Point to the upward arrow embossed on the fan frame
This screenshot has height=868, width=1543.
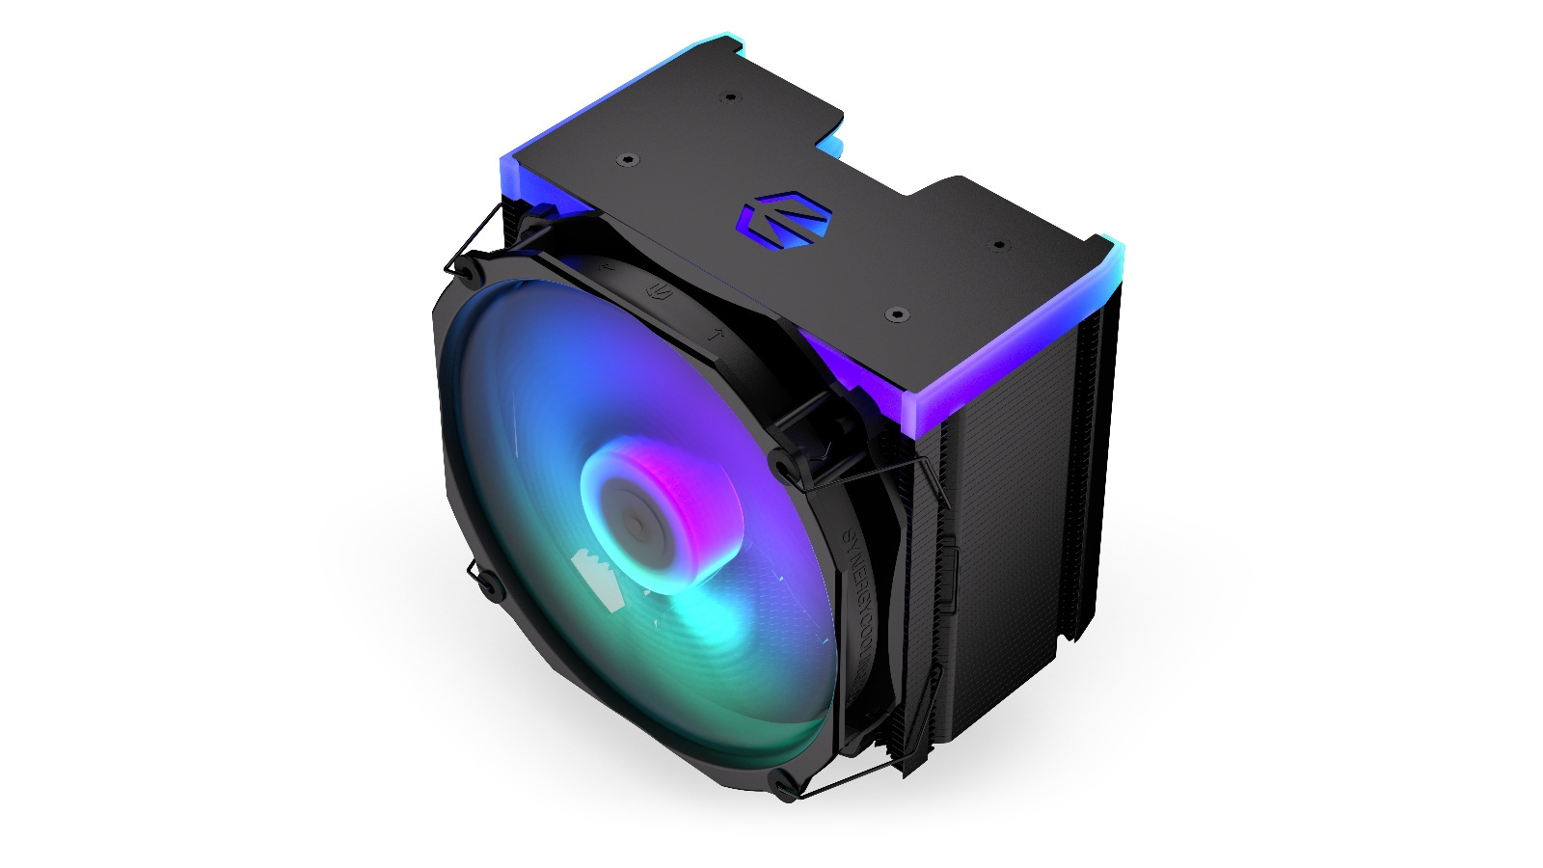pyautogui.click(x=715, y=336)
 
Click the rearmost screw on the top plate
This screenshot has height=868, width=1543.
pyautogui.click(x=730, y=98)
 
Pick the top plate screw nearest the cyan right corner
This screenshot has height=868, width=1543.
pyautogui.click(x=999, y=245)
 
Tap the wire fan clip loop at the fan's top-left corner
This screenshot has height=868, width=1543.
pyautogui.click(x=453, y=265)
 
